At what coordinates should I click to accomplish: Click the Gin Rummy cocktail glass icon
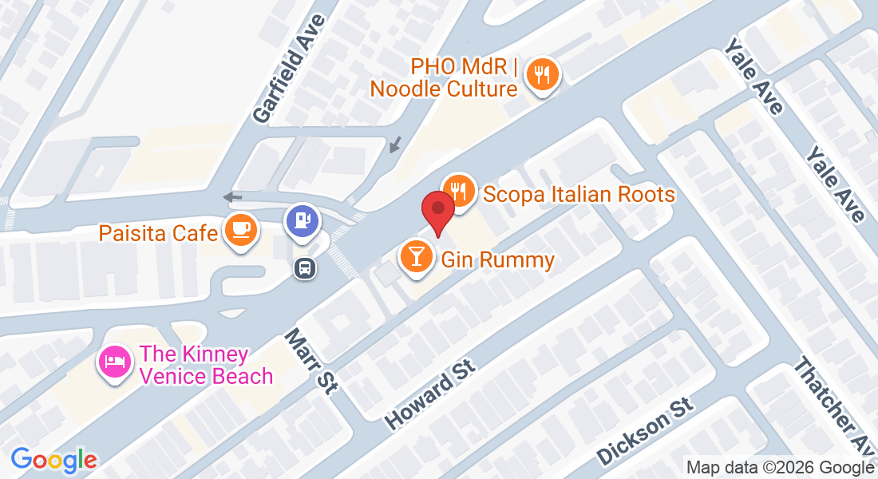coord(415,256)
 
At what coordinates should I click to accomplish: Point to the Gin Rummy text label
coord(497,259)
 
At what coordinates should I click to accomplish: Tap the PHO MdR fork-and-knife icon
coord(543,76)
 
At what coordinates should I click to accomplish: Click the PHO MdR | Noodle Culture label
coord(444,77)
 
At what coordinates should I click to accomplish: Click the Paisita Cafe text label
coord(158,233)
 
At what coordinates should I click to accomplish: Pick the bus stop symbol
coord(305,267)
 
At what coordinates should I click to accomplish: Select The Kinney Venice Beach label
coord(206,365)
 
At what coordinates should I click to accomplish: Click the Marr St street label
coord(312,361)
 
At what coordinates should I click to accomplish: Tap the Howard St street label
coord(430,393)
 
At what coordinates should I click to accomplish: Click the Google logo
coord(53,459)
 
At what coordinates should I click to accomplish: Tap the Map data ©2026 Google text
coord(780,468)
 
